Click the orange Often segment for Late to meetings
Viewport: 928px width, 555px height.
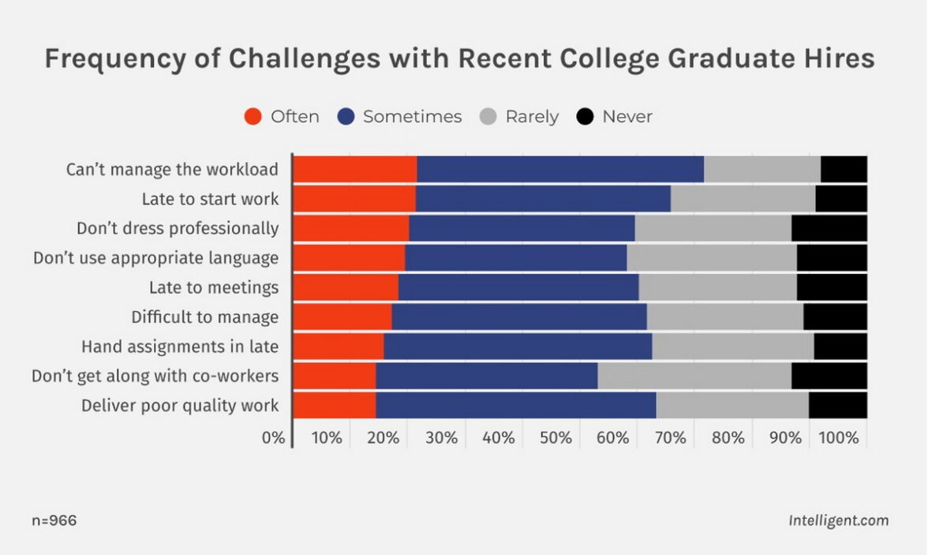coord(346,287)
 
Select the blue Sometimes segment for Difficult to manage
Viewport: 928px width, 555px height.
coord(519,317)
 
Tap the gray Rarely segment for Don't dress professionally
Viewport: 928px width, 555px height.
coord(713,228)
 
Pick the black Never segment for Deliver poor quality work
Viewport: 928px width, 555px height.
coord(838,405)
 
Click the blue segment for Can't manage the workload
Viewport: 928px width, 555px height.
coord(560,170)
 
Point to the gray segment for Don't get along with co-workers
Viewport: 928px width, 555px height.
coord(694,376)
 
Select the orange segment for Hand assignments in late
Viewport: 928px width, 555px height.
coord(339,347)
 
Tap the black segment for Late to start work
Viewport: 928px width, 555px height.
coord(841,199)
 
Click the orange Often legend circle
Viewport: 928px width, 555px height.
coord(253,117)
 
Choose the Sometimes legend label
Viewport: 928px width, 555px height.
coord(412,117)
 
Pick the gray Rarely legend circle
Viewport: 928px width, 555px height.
coord(488,117)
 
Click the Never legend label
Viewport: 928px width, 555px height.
coord(627,117)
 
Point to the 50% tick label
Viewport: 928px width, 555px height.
coord(556,437)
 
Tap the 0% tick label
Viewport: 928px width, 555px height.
coord(273,437)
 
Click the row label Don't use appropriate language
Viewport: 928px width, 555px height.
coord(155,258)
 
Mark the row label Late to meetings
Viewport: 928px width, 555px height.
coord(213,287)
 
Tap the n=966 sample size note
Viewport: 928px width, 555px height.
coord(54,521)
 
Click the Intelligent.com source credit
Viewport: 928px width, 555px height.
coord(838,521)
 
